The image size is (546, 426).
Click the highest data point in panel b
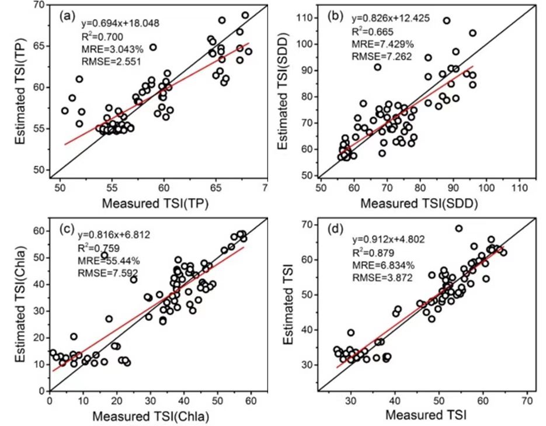click(447, 20)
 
